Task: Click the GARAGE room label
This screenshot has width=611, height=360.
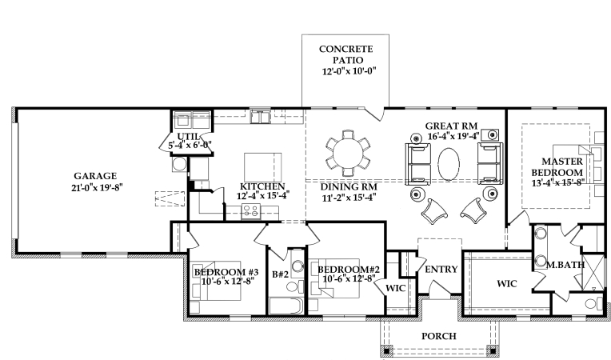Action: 95,175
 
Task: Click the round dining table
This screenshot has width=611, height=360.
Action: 348,151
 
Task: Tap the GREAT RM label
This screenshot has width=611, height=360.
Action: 451,126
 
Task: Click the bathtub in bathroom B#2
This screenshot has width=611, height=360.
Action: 284,307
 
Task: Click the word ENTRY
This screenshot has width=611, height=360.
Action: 441,270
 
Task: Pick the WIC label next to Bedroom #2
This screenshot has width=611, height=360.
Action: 397,286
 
